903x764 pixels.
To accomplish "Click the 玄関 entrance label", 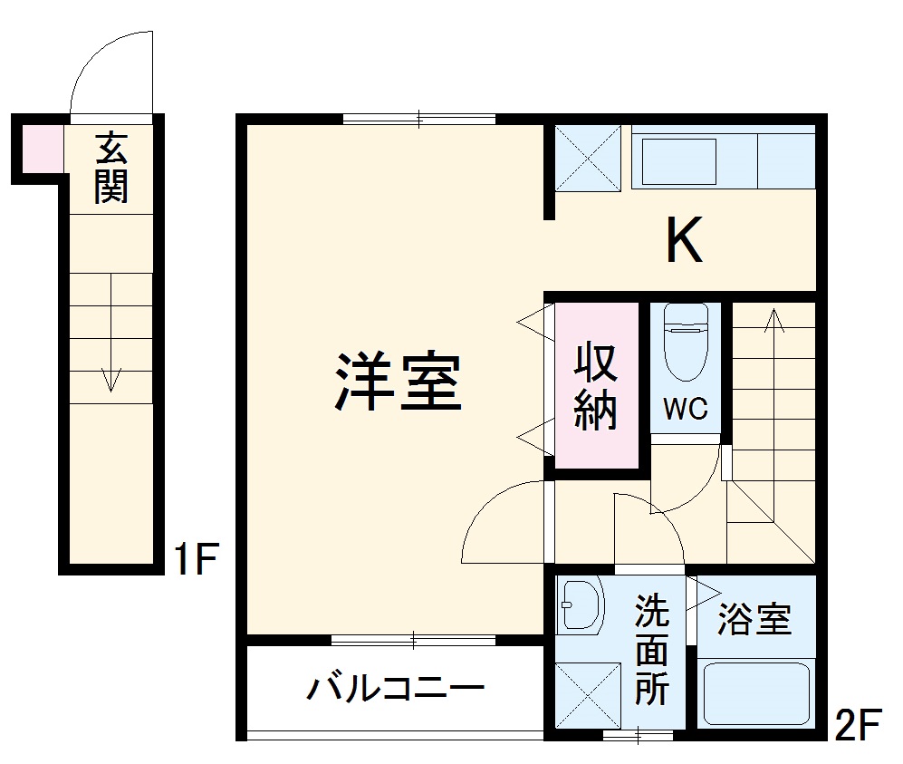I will (x=110, y=167).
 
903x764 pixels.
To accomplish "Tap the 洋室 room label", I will (x=399, y=381).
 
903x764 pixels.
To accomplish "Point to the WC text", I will (x=685, y=410).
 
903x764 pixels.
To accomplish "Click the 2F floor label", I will (x=858, y=724).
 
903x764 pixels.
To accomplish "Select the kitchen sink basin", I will (x=679, y=162).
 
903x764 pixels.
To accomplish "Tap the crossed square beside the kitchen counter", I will (x=586, y=159).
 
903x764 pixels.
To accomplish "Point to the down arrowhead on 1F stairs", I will (x=111, y=380).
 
